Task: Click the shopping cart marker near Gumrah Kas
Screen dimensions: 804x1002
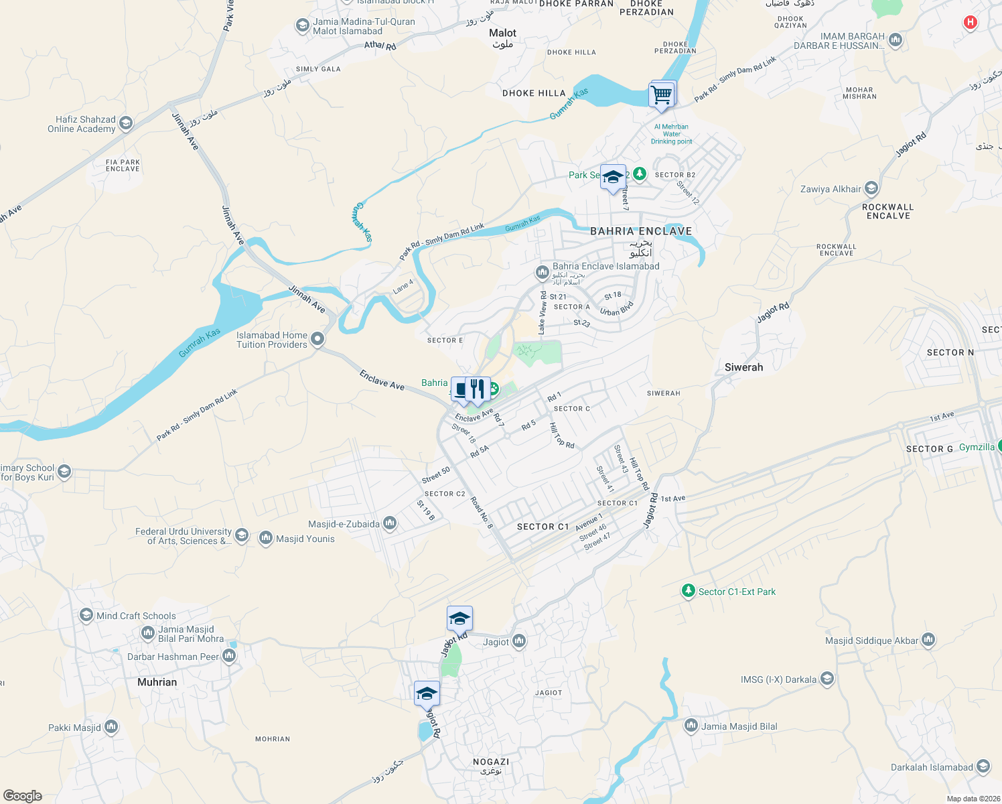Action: pyautogui.click(x=662, y=94)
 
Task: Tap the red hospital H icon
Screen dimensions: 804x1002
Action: pyautogui.click(x=970, y=23)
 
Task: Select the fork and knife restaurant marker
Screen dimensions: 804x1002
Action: pyautogui.click(x=477, y=389)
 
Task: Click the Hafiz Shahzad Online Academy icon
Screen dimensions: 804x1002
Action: pyautogui.click(x=125, y=124)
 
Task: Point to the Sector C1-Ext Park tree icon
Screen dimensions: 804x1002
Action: pyautogui.click(x=688, y=591)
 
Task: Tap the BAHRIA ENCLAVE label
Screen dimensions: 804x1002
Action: pyautogui.click(x=641, y=231)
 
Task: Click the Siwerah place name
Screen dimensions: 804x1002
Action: pyautogui.click(x=743, y=367)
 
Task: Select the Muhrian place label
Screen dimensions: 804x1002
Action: pyautogui.click(x=157, y=682)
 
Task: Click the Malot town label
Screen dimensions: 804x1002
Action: pyautogui.click(x=502, y=33)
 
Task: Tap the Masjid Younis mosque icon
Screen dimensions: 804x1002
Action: pyautogui.click(x=266, y=538)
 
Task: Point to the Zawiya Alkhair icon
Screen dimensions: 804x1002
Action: pyautogui.click(x=871, y=188)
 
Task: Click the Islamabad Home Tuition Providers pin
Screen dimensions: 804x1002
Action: pyautogui.click(x=317, y=339)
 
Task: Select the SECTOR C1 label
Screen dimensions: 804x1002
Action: pyautogui.click(x=543, y=527)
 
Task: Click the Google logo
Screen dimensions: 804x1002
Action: pyautogui.click(x=22, y=795)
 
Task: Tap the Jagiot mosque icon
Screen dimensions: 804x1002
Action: pyautogui.click(x=519, y=642)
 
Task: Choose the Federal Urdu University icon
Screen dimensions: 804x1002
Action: pyautogui.click(x=242, y=535)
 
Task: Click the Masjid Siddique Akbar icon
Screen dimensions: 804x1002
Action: pyautogui.click(x=928, y=641)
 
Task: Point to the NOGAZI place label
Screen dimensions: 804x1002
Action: pyautogui.click(x=491, y=762)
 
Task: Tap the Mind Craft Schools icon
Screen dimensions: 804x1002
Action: pyautogui.click(x=86, y=615)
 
